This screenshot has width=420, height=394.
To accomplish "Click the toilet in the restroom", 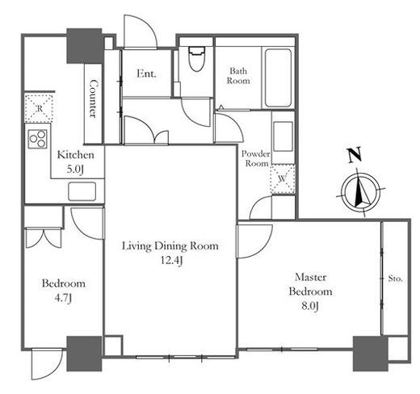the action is tap(197, 58).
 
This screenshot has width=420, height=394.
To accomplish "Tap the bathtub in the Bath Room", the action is tap(278, 78).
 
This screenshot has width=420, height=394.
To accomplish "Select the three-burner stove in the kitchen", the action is tap(38, 139).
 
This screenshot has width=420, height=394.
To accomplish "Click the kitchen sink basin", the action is tap(82, 191).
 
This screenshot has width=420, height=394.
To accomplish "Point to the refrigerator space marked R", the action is tap(39, 108).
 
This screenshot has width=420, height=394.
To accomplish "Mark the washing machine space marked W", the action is tap(283, 179).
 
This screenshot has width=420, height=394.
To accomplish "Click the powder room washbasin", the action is tap(283, 136).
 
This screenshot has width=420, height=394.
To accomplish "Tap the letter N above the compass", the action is tap(355, 155).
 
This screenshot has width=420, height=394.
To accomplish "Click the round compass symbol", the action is tap(361, 192).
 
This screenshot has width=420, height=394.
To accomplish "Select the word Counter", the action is tap(93, 98).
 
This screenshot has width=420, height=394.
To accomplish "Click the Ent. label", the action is tap(146, 73).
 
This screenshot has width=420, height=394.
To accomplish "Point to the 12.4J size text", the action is tap(172, 260).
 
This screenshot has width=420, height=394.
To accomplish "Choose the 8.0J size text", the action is tap(310, 306).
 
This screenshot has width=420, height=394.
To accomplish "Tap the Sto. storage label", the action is tap(395, 279).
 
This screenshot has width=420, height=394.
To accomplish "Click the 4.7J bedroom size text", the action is tap(63, 298).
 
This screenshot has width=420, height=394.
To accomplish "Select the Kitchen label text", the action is tap(76, 155).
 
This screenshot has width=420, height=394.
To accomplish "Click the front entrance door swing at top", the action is tap(140, 31).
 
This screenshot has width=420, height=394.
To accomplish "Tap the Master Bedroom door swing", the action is tap(254, 241).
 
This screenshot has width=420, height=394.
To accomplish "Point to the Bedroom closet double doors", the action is tap(44, 238).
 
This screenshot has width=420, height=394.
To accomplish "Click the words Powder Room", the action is tap(256, 158).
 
